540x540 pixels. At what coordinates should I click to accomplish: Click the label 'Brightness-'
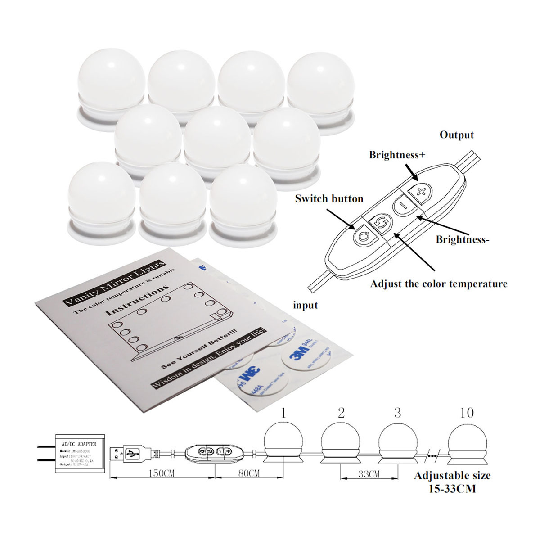(462, 239)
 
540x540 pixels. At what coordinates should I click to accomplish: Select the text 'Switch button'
(329, 198)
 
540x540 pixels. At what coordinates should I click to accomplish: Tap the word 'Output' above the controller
(456, 135)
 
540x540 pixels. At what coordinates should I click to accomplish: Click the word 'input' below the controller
(306, 305)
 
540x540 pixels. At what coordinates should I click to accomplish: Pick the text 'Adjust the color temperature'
(438, 284)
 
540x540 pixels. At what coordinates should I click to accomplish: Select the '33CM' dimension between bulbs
(369, 474)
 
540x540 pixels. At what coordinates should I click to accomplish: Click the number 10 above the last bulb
(467, 412)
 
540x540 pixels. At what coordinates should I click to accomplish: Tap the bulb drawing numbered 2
(341, 443)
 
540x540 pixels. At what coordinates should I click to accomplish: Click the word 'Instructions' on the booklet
(137, 300)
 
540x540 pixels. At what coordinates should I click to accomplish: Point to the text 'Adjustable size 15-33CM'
(452, 481)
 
